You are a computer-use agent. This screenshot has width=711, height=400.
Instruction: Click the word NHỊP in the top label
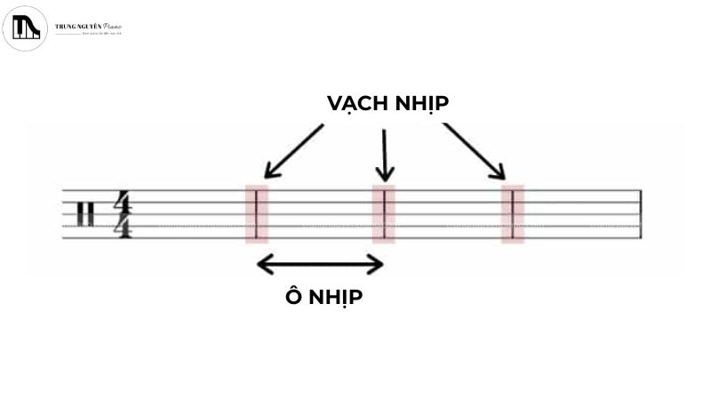420,103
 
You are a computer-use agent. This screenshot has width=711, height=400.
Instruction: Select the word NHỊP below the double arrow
335,297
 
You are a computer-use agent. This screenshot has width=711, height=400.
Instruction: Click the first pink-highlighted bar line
256,213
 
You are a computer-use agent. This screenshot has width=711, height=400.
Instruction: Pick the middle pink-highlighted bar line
384,213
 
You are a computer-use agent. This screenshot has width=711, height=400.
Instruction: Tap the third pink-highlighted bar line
513,213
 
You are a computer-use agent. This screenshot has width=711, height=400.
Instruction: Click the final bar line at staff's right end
640,213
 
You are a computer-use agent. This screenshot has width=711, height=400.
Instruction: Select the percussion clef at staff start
85,214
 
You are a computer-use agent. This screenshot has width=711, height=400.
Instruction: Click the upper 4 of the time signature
123,202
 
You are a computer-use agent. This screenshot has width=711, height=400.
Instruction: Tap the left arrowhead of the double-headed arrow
263,263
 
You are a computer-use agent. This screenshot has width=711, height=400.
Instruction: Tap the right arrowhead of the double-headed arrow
377,263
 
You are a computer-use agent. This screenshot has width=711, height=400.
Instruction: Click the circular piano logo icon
25,28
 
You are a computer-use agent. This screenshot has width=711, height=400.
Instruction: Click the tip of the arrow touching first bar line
266,176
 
